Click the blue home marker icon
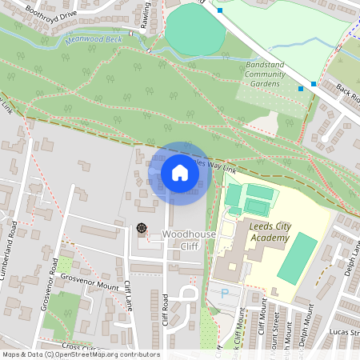[x=180, y=173]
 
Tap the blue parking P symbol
[x=224, y=294]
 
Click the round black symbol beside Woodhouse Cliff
[x=142, y=228]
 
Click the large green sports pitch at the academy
[x=297, y=257]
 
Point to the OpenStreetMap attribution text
[x=80, y=354]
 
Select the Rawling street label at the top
[x=145, y=14]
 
